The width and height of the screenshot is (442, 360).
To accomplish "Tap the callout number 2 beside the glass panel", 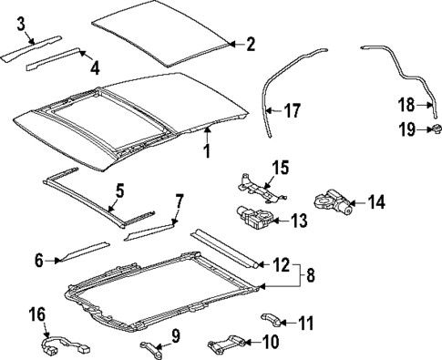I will [x=250, y=43].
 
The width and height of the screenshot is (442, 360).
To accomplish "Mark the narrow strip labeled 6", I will [x=82, y=252].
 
